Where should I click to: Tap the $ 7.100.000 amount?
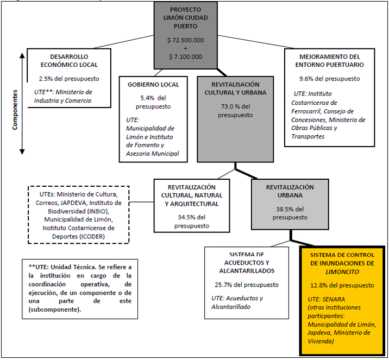pos(185,56)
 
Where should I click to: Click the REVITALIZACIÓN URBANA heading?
pos(290,191)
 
